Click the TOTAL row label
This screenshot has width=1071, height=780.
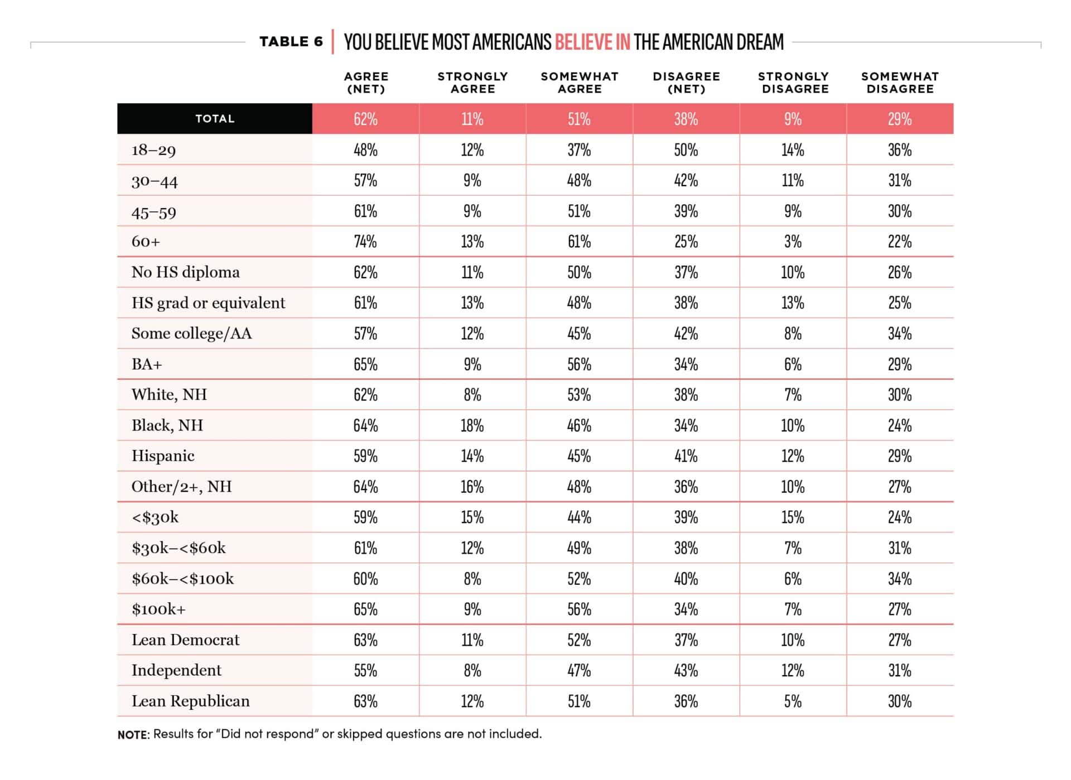pos(215,119)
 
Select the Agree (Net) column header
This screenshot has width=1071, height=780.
pos(366,83)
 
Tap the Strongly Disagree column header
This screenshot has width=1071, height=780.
pos(793,83)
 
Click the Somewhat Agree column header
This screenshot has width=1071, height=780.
pos(580,83)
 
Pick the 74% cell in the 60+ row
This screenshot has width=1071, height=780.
pos(365,241)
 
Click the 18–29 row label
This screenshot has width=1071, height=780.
pos(153,150)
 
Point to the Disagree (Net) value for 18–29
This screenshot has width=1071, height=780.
pos(686,150)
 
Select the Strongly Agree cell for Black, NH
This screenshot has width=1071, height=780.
pos(472,425)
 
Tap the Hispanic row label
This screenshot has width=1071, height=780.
pos(163,456)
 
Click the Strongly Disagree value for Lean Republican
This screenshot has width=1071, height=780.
pos(793,701)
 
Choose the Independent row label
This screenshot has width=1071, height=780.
pos(176,670)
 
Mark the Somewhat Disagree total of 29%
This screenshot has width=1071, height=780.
pos(900,119)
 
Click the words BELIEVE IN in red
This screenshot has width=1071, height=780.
pos(592,42)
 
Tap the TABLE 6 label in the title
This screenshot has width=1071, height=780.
pos(291,42)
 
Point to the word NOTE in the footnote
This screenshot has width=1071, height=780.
pos(133,735)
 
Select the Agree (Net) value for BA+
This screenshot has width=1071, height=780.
pos(365,364)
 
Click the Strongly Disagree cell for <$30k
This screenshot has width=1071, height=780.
pos(793,517)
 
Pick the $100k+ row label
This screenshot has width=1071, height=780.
pos(158,609)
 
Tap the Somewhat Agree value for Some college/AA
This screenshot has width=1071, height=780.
pos(579,333)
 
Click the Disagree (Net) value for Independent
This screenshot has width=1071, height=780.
pos(686,670)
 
